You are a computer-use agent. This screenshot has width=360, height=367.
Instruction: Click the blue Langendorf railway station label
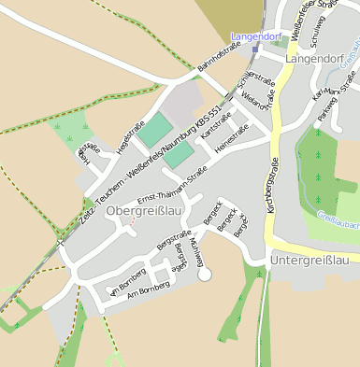(256, 35)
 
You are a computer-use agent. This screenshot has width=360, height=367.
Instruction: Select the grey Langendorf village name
(316, 58)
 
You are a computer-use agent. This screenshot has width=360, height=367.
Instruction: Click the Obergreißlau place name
(142, 212)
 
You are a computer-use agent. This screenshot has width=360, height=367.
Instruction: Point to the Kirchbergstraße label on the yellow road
(272, 185)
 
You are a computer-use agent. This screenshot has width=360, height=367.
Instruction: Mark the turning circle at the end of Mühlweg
(205, 274)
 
